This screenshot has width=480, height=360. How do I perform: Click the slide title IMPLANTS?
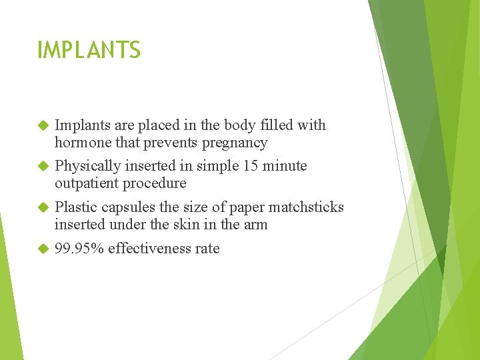[89, 50]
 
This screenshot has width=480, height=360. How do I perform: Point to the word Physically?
[87, 166]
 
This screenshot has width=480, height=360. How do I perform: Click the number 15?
[251, 165]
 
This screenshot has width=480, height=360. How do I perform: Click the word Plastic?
[75, 207]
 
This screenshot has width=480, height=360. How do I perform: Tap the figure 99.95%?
[79, 249]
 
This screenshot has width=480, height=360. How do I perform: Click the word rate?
[207, 249]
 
